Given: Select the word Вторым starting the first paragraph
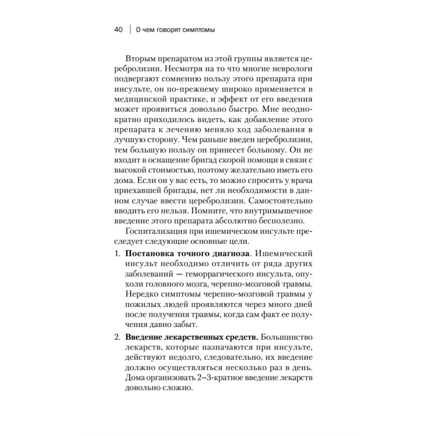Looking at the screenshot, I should [x=138, y=58].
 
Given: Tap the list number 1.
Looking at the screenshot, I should [x=116, y=254].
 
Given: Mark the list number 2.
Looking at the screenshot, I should [x=116, y=337].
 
